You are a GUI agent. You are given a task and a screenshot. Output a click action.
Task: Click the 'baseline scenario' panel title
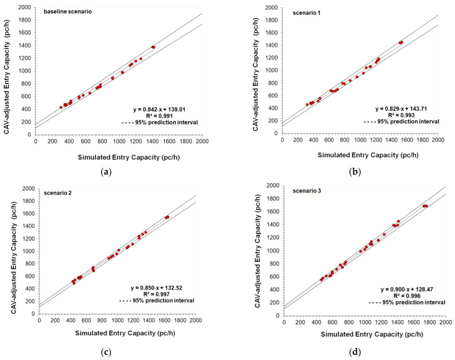tap(68, 11)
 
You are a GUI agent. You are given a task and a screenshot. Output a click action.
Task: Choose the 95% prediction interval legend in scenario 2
tap(163, 301)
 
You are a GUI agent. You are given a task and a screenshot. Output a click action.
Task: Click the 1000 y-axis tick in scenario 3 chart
tap(273, 251)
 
